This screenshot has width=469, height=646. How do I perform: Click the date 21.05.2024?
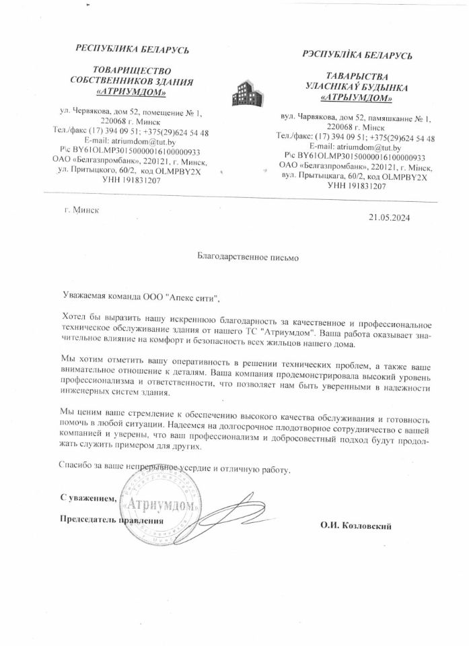[389, 217]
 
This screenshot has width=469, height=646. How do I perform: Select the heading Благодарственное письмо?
[238, 256]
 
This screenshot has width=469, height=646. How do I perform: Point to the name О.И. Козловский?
[356, 526]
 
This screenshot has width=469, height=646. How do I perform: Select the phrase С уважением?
[88, 498]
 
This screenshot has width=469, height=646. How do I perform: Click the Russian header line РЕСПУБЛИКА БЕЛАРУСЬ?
[132, 49]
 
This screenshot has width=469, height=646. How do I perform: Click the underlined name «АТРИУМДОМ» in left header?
[132, 92]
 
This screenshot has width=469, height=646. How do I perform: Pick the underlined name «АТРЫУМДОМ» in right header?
[357, 98]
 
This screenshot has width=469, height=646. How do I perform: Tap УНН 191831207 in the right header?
[356, 186]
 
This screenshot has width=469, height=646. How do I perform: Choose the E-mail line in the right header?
[355, 147]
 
